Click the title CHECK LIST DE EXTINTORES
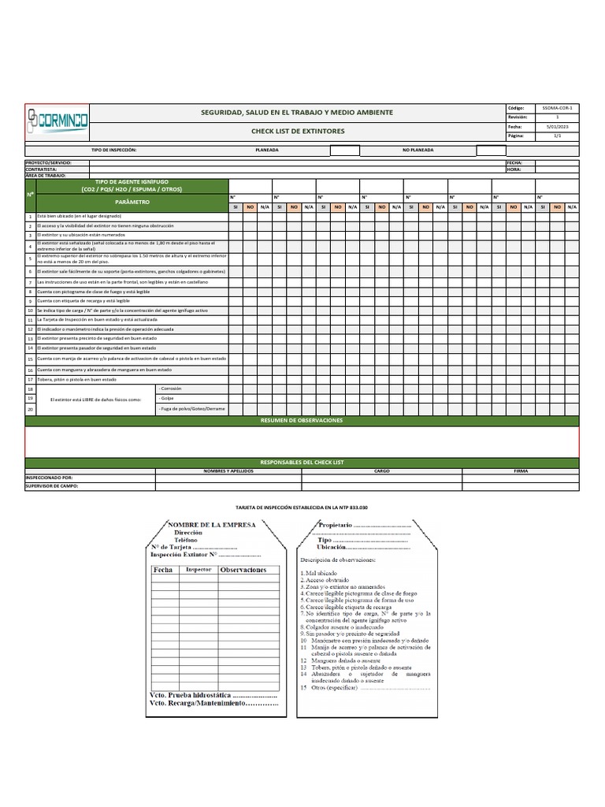tap(297, 131)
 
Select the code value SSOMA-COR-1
tap(558, 106)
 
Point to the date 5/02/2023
tap(558, 126)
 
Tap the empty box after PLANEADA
tap(344, 150)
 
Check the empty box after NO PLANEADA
tap(491, 150)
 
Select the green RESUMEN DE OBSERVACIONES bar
tap(302, 422)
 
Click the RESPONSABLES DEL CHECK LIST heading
tap(302, 462)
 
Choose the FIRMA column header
tap(521, 470)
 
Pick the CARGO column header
tap(382, 470)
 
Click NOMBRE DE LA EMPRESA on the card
tap(212, 525)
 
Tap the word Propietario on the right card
tap(335, 525)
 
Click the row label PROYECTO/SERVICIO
tap(48, 162)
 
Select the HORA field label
tap(514, 169)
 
